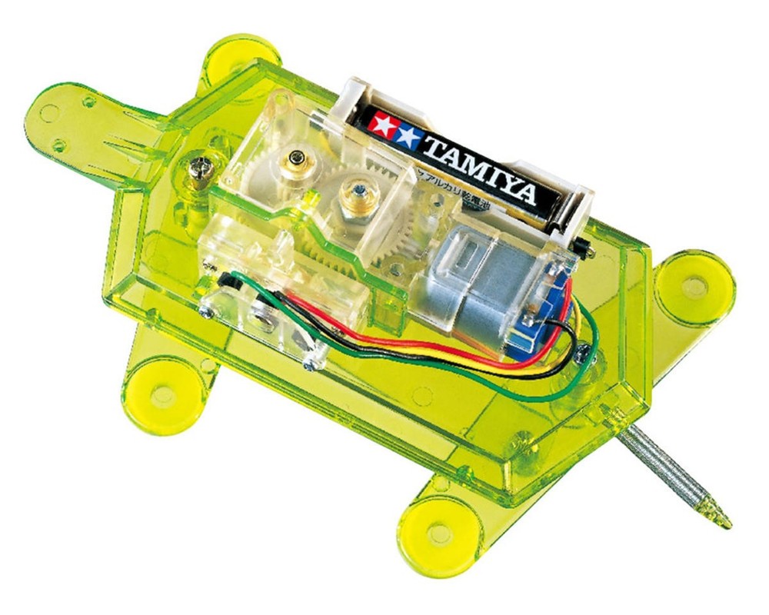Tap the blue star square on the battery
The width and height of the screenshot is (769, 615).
[x=408, y=136]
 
